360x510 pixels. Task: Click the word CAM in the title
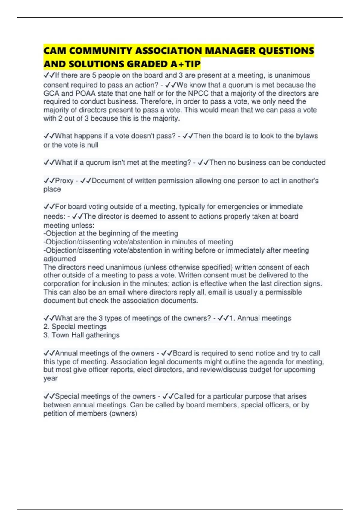[55, 51]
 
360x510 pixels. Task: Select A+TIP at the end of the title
[186, 64]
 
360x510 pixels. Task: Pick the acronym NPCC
[198, 93]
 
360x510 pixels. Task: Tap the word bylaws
[307, 136]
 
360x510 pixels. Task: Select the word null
[93, 145]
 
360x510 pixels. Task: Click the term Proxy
[64, 181]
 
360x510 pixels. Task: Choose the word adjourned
[60, 259]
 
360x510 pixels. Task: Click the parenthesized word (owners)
[123, 413]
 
